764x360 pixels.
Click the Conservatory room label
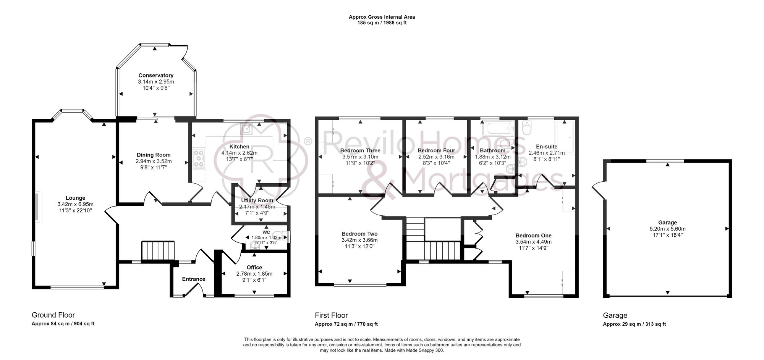(x=156, y=76)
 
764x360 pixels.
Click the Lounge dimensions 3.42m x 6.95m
(x=75, y=204)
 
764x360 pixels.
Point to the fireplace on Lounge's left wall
(x=37, y=207)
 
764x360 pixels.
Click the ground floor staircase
(x=158, y=250)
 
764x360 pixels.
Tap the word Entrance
(x=193, y=279)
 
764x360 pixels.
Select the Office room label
(x=254, y=268)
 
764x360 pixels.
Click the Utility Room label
(x=257, y=200)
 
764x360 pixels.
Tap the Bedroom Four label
(x=436, y=151)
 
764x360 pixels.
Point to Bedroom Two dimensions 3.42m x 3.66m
(x=359, y=240)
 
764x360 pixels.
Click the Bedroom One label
(x=533, y=236)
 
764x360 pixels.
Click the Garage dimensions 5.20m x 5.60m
(x=667, y=229)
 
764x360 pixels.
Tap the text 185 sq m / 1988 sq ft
(x=382, y=23)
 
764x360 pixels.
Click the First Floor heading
(x=331, y=315)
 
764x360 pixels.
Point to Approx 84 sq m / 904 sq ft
(x=63, y=324)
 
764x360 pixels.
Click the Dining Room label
(x=154, y=155)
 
